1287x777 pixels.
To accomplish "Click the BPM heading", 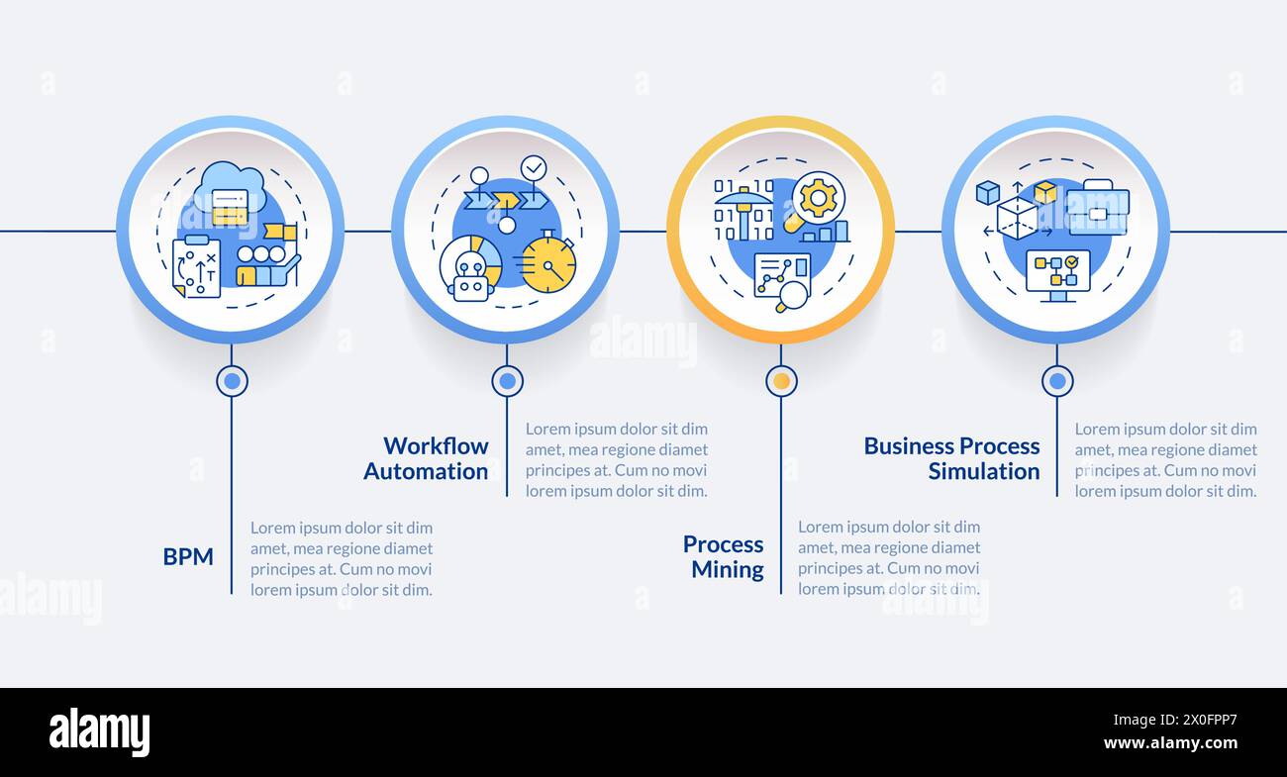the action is coord(188,556).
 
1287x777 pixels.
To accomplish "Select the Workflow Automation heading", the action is coord(426,458).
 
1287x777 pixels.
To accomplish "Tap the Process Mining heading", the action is coord(724,556).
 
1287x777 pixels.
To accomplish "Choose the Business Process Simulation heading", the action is coord(952,458).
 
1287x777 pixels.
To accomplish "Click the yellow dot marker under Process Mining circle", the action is coord(781,381).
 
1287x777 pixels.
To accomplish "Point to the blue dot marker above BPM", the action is coord(232,381).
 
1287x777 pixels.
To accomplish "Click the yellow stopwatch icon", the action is coord(548,262).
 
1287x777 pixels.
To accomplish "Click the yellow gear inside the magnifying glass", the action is coord(818,198).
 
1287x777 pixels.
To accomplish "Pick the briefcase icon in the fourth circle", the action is coord(1097,208).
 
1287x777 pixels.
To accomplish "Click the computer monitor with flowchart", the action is coord(1057,275).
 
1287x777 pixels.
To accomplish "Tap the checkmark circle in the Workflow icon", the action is coord(534,167).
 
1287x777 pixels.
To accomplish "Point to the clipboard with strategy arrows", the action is coord(196,266).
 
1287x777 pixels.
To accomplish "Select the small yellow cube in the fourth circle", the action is coord(1045,192).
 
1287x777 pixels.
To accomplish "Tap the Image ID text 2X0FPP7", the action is coord(1175,720).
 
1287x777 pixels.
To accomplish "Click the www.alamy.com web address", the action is coord(1170,743).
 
